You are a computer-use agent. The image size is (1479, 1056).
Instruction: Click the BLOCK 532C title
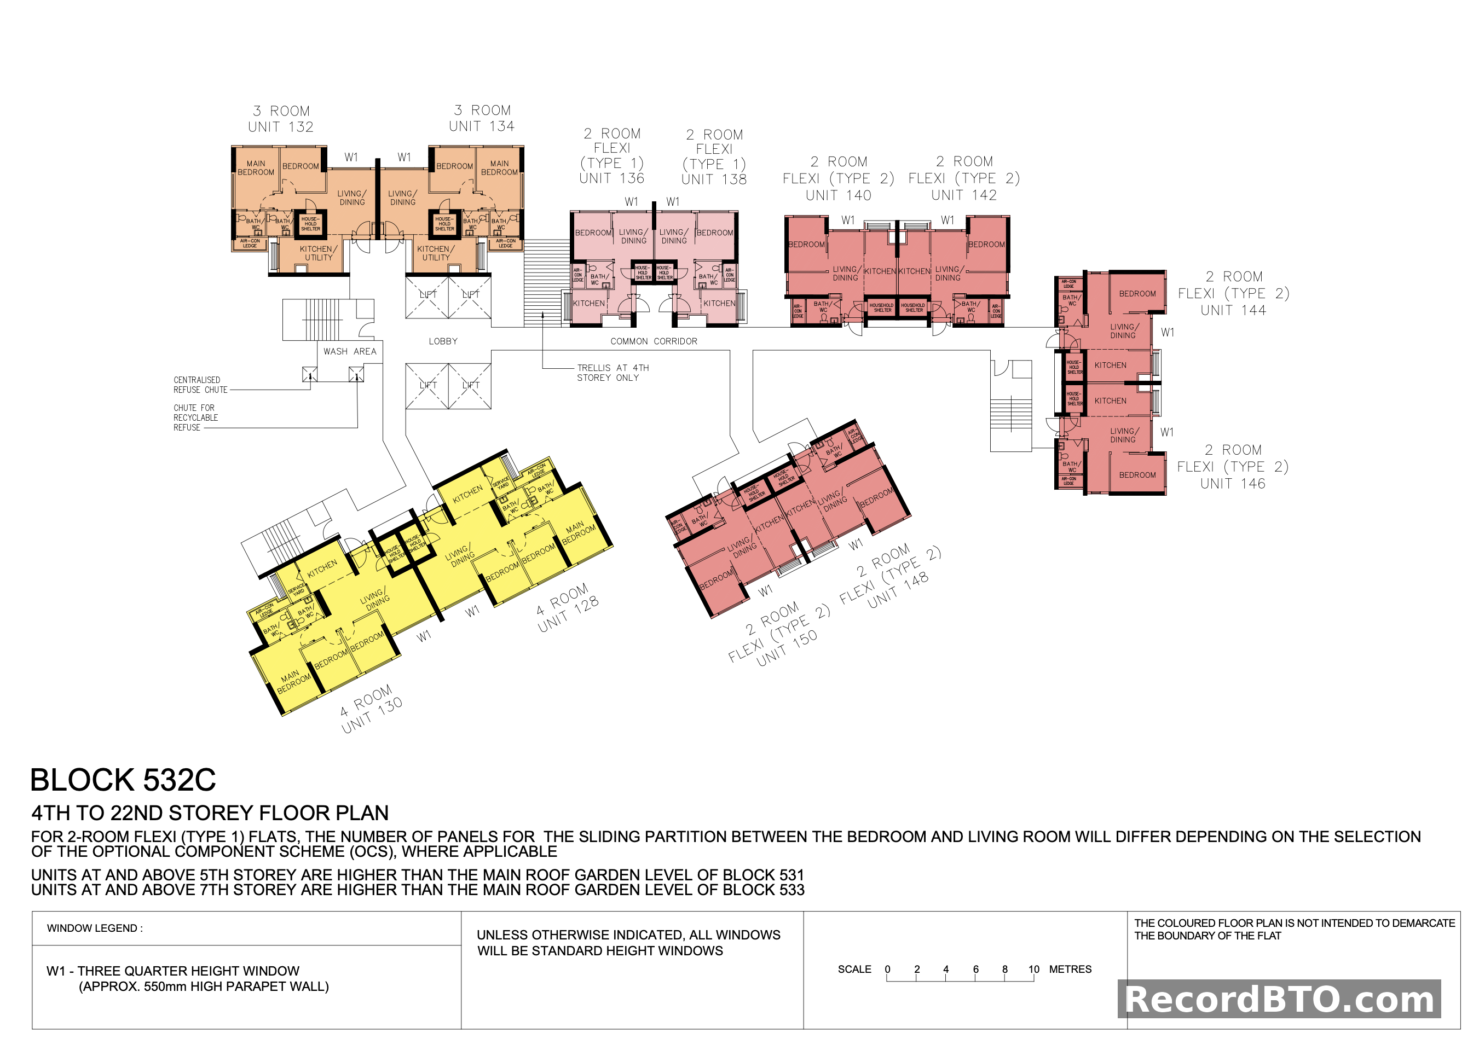click(123, 780)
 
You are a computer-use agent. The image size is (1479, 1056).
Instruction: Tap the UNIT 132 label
click(280, 127)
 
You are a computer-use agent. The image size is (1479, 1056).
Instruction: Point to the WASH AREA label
click(349, 351)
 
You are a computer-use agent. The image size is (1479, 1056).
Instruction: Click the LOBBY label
click(442, 341)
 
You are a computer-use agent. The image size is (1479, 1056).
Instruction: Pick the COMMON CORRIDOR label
click(653, 341)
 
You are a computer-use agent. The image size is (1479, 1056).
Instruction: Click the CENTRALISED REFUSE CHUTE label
click(200, 384)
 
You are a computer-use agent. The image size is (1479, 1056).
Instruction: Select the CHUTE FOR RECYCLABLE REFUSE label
click(194, 417)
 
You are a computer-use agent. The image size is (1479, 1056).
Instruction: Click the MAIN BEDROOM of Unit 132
click(255, 168)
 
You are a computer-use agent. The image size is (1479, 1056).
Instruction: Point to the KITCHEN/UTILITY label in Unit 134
click(435, 253)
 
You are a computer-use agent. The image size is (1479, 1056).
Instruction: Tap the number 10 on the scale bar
click(1033, 969)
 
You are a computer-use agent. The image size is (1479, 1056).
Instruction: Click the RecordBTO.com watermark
click(1279, 999)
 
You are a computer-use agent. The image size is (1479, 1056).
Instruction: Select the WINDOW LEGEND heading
click(94, 928)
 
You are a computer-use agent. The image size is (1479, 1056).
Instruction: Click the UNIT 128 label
click(568, 613)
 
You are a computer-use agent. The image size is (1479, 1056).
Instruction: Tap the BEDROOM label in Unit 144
click(1137, 293)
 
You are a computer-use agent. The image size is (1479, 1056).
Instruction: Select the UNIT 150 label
click(787, 647)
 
